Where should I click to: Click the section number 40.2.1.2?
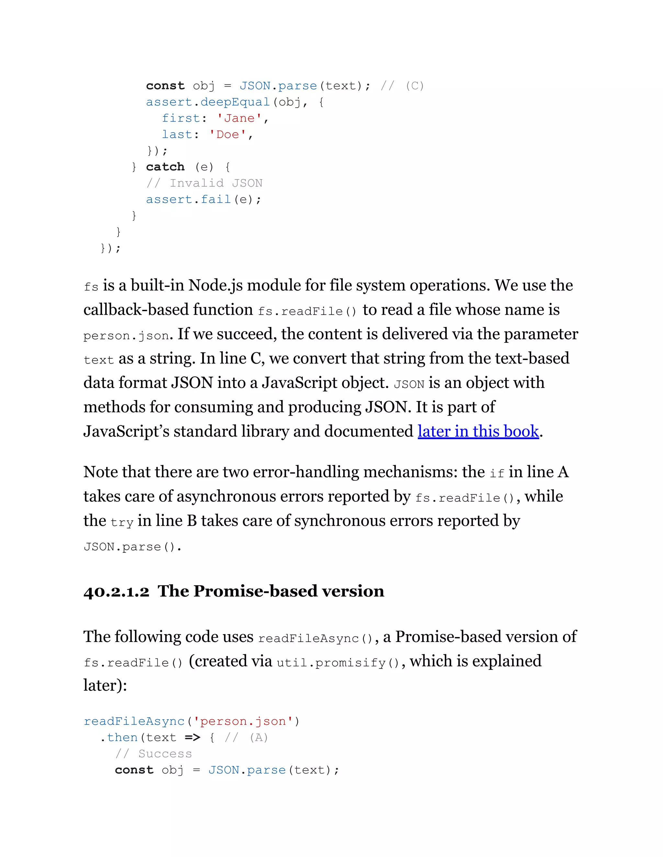116,592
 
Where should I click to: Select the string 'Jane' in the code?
239,118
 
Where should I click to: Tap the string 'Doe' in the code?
228,135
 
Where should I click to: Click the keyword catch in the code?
165,167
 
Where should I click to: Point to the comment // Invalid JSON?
204,183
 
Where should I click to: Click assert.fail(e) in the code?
203,199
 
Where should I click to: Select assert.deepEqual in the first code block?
208,102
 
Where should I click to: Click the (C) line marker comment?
414,86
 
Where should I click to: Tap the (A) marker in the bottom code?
258,738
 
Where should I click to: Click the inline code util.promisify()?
338,663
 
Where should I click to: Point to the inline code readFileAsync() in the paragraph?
315,638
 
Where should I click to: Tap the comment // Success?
153,754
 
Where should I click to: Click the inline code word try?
122,523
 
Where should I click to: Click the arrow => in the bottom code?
193,738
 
